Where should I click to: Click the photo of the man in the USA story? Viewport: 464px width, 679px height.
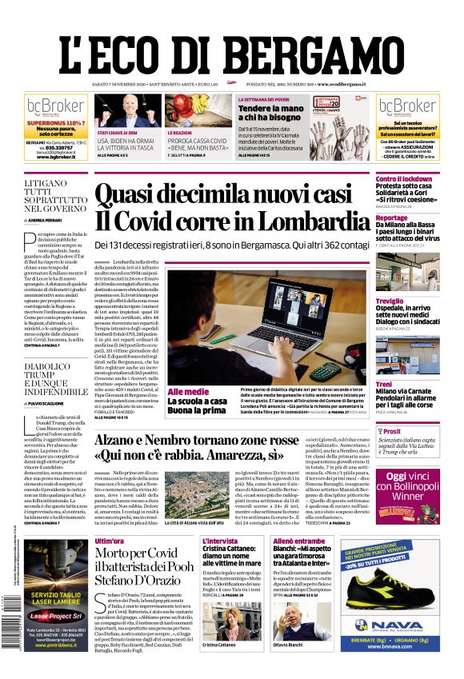130,110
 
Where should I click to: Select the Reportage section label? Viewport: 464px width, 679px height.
393,218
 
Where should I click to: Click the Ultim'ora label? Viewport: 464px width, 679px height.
110,541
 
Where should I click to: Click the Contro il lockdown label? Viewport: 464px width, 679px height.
404,178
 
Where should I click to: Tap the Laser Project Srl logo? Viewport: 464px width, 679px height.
55,617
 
